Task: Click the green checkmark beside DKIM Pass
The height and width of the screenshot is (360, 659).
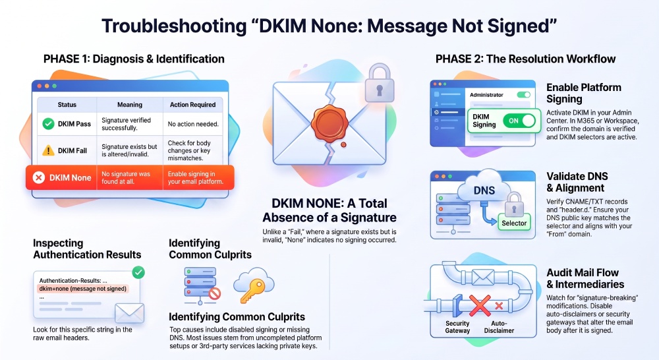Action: pyautogui.click(x=48, y=124)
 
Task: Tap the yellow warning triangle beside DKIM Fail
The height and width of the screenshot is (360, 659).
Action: pyautogui.click(x=48, y=150)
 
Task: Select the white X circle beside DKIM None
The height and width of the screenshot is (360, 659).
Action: pyautogui.click(x=39, y=177)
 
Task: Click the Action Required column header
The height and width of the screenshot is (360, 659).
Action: pyautogui.click(x=192, y=105)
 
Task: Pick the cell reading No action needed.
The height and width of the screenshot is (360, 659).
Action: pyautogui.click(x=193, y=124)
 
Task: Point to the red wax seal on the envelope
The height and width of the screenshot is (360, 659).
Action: pyautogui.click(x=329, y=124)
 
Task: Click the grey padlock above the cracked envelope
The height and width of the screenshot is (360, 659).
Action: pyautogui.click(x=379, y=83)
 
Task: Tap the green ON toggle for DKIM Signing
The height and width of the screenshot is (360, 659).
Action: pyautogui.click(x=519, y=121)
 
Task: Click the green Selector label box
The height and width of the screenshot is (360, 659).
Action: pyautogui.click(x=514, y=223)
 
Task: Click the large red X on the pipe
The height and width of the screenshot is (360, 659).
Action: pyautogui.click(x=480, y=305)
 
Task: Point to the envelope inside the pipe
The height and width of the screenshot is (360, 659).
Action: pyautogui.click(x=483, y=277)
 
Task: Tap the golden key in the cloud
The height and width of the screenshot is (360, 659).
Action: pyautogui.click(x=251, y=290)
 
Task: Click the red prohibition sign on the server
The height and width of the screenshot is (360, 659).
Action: pyautogui.click(x=215, y=293)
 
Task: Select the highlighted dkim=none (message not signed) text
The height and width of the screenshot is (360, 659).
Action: pyautogui.click(x=82, y=289)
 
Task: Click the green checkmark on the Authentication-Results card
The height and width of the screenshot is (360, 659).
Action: pyautogui.click(x=138, y=272)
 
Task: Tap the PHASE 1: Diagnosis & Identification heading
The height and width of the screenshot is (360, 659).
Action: pyautogui.click(x=134, y=59)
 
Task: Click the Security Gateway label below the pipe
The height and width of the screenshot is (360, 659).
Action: pyautogui.click(x=457, y=327)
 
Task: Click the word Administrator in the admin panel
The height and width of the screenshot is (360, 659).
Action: pyautogui.click(x=486, y=95)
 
